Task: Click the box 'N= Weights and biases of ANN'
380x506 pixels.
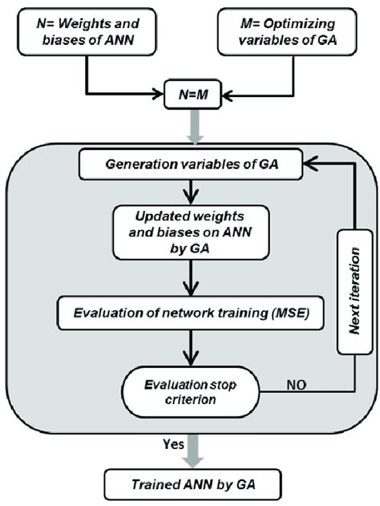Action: tap(85, 33)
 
